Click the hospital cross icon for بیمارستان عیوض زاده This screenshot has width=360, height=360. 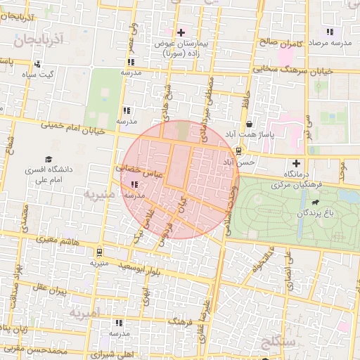(181, 32)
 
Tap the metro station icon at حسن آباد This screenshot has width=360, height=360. (239, 150)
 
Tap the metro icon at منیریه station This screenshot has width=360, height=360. (99, 252)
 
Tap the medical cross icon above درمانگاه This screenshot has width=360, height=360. (296, 163)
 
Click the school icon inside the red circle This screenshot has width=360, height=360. (134, 185)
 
